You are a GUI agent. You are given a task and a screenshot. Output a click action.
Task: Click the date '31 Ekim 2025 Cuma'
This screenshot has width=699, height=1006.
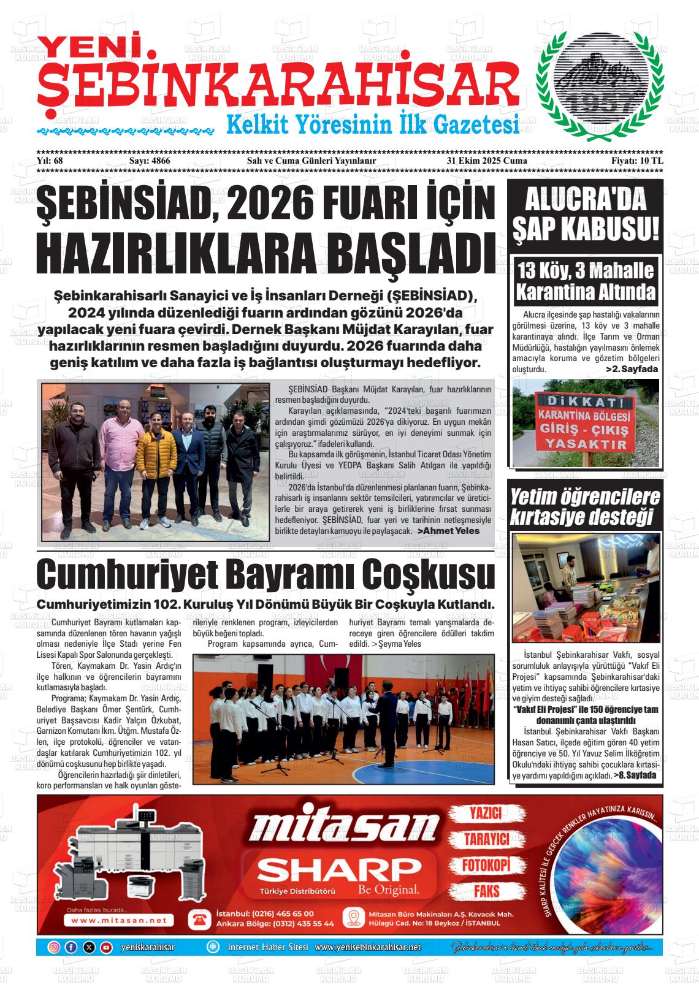tap(487, 161)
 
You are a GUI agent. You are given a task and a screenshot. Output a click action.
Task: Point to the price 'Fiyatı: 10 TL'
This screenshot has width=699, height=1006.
tap(637, 161)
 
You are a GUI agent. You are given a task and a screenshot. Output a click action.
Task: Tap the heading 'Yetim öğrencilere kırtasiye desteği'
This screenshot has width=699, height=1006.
tap(585, 507)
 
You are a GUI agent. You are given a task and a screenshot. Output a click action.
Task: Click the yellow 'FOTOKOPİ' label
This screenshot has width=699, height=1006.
tap(486, 865)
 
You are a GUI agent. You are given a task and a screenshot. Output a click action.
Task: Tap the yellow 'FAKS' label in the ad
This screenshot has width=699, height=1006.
tap(486, 891)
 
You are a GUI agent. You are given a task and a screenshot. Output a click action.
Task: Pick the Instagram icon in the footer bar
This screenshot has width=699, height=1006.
tap(54, 947)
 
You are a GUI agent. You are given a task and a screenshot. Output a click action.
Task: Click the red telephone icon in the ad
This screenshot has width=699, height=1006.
tap(199, 919)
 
